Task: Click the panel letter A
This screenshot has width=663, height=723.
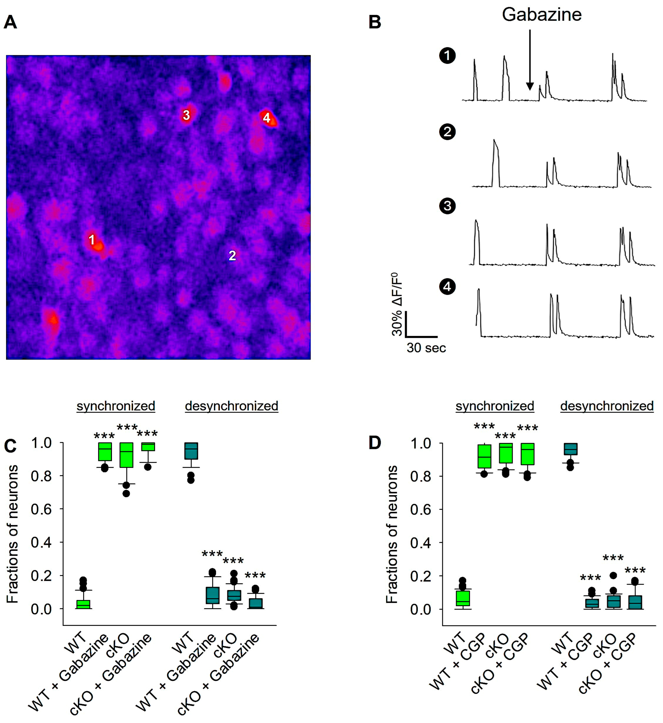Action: [x=10, y=22]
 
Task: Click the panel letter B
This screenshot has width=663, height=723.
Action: [x=375, y=22]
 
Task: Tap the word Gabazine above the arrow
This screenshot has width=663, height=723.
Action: [x=541, y=15]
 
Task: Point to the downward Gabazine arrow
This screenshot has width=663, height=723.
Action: [x=529, y=61]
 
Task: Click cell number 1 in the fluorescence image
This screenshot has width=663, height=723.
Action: [x=92, y=240]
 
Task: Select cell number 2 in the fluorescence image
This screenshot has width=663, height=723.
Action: [x=232, y=255]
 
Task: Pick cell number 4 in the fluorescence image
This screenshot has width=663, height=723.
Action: [x=266, y=117]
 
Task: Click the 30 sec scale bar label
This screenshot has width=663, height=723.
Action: [x=426, y=348]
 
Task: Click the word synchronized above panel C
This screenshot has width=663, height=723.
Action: [x=115, y=406]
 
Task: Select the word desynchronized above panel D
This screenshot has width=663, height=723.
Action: [x=607, y=406]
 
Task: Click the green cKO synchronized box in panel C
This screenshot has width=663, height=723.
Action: [x=126, y=455]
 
